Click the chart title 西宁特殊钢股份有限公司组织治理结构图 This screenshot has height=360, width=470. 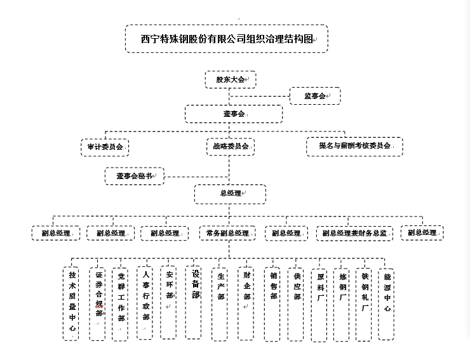coord(226,39)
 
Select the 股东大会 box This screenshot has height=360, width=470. coord(229,80)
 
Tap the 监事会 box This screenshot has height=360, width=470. coord(315,96)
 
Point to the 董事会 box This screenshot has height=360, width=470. coord(233,114)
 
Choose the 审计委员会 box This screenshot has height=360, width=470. coord(105,146)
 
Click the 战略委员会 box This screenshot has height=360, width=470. coord(230,146)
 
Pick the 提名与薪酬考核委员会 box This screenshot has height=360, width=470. coord(354,146)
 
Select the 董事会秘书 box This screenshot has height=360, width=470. coord(134,176)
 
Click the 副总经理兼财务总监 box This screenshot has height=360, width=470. coord(354,233)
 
